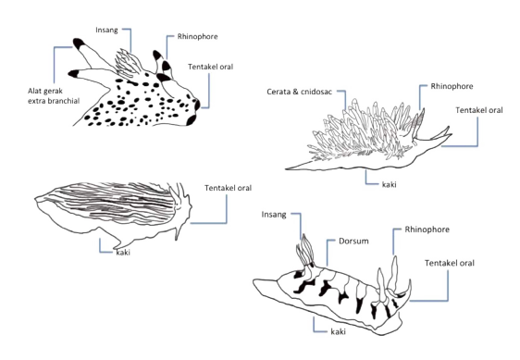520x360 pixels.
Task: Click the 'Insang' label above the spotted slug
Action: [x=106, y=31]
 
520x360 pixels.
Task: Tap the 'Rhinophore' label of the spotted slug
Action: [x=197, y=36]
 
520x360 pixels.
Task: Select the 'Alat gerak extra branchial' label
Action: [x=54, y=96]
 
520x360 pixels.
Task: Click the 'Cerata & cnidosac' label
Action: [x=299, y=92]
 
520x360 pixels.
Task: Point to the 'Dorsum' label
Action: [x=353, y=241]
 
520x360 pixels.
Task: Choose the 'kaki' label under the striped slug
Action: [x=123, y=253]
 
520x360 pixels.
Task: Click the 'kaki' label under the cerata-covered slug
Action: [x=389, y=184]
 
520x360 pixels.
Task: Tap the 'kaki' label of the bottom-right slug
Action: [x=339, y=331]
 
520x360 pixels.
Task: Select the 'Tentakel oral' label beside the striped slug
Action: [x=229, y=188]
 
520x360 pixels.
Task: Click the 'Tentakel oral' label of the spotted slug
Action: [x=211, y=67]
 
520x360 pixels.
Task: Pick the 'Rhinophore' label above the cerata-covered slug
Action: [x=452, y=86]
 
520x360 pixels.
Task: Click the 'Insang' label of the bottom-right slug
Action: [x=274, y=215]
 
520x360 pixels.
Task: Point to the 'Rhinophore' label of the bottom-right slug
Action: [x=427, y=230]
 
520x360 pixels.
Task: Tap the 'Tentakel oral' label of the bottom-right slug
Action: [x=450, y=263]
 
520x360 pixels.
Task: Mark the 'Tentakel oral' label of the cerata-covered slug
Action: [x=479, y=110]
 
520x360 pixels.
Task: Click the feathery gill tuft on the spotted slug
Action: [x=128, y=63]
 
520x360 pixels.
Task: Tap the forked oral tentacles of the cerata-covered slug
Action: [x=438, y=135]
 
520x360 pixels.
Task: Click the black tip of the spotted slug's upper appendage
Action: [x=79, y=43]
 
